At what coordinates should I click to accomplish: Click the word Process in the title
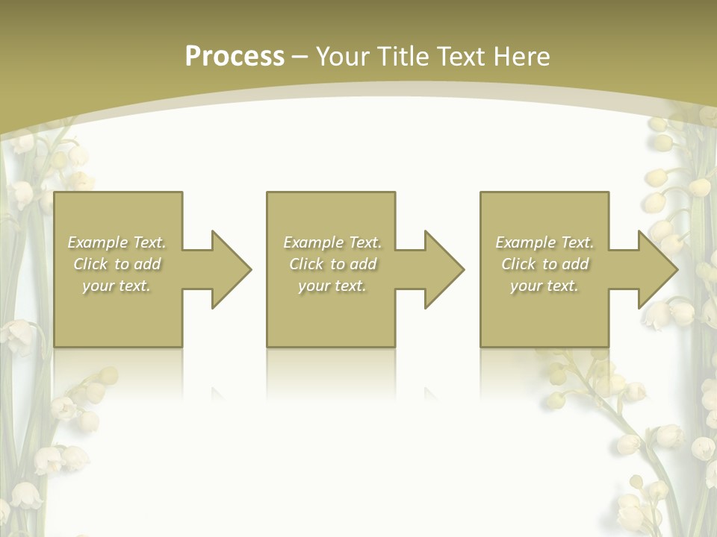[235, 57]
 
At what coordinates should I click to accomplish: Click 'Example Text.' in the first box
[117, 242]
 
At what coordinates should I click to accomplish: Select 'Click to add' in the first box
[117, 264]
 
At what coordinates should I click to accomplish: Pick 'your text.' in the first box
[117, 286]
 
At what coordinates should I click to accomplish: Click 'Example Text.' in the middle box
[332, 242]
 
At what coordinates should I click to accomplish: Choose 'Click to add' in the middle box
[332, 264]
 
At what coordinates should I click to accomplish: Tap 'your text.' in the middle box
[332, 286]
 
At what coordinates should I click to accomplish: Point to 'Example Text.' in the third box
[544, 242]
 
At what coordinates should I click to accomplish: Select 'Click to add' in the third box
[544, 264]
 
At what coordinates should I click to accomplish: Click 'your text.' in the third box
[544, 286]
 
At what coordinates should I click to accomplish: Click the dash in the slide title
[299, 57]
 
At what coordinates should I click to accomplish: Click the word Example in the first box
[98, 242]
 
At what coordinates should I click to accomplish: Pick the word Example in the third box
[526, 242]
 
